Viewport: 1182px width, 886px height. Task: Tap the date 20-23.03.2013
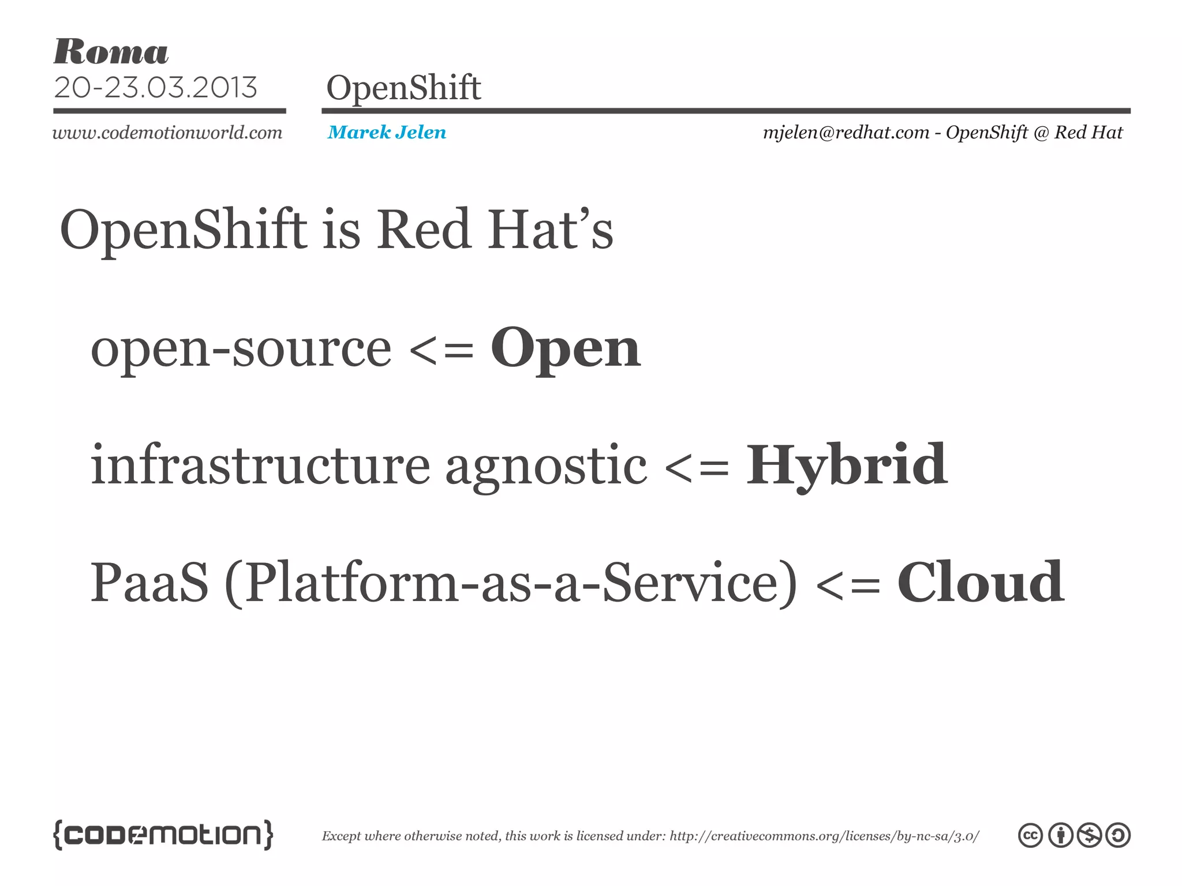pyautogui.click(x=155, y=88)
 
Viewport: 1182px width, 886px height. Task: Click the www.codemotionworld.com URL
pyautogui.click(x=167, y=133)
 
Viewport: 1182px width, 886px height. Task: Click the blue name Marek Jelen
pyautogui.click(x=387, y=133)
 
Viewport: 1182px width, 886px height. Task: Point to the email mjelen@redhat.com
pyautogui.click(x=846, y=133)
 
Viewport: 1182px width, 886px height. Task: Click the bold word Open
pyautogui.click(x=566, y=348)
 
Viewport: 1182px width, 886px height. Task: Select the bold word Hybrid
pyautogui.click(x=847, y=465)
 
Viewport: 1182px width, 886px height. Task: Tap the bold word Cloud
pyautogui.click(x=981, y=583)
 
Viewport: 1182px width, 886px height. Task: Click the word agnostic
pyautogui.click(x=546, y=466)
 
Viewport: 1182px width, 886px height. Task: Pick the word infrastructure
pyautogui.click(x=260, y=465)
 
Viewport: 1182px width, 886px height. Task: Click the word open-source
pyautogui.click(x=241, y=350)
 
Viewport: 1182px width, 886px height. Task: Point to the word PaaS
pyautogui.click(x=149, y=583)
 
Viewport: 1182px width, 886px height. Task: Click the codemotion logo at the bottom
pyautogui.click(x=163, y=835)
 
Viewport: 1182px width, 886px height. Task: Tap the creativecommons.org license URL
pyautogui.click(x=824, y=836)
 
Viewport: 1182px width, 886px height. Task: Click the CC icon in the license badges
pyautogui.click(x=1030, y=835)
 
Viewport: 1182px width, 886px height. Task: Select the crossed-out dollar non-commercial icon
pyautogui.click(x=1090, y=835)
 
